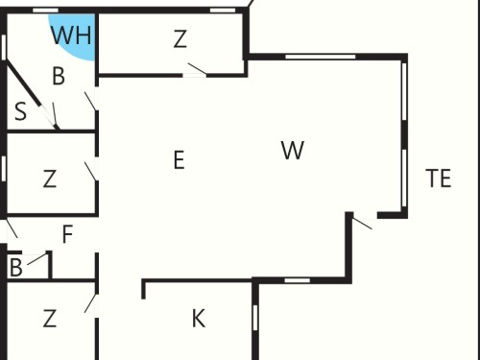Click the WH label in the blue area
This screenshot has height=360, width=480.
click(71, 36)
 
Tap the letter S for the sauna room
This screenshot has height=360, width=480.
click(21, 111)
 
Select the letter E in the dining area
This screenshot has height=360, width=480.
click(180, 160)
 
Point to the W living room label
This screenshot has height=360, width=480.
click(293, 150)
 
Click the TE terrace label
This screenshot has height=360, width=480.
click(439, 179)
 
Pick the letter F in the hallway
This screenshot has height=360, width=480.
click(67, 234)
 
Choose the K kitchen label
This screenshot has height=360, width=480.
click(199, 319)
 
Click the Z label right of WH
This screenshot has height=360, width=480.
click(180, 38)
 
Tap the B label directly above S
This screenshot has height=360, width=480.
click(59, 76)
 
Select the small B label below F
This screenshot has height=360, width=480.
click(16, 268)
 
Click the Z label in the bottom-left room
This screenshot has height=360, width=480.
click(50, 319)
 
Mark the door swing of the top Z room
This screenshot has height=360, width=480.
click(197, 68)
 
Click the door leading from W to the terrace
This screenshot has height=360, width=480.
click(362, 224)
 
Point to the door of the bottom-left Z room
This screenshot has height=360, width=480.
click(90, 303)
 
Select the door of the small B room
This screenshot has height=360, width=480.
click(36, 259)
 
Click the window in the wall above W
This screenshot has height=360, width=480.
click(321, 57)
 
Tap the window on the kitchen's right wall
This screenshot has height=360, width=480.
click(255, 318)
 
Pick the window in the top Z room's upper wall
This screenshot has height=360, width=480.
click(223, 11)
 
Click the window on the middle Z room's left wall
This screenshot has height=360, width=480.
click(4, 168)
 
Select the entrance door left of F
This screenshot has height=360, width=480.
click(12, 228)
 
